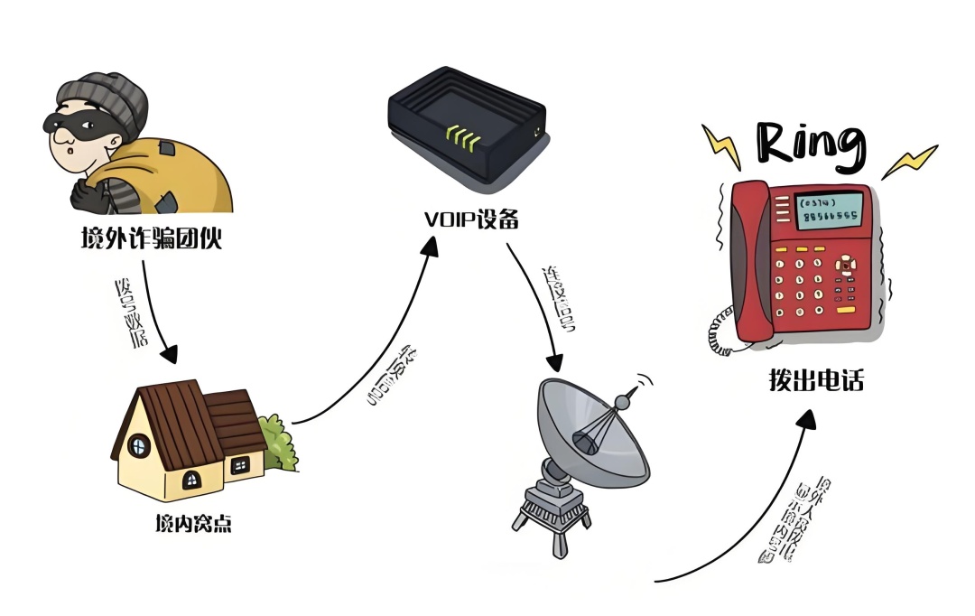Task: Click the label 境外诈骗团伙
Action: (151, 239)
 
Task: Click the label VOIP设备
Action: (471, 219)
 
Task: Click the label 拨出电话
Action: (811, 381)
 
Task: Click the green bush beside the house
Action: (279, 443)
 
